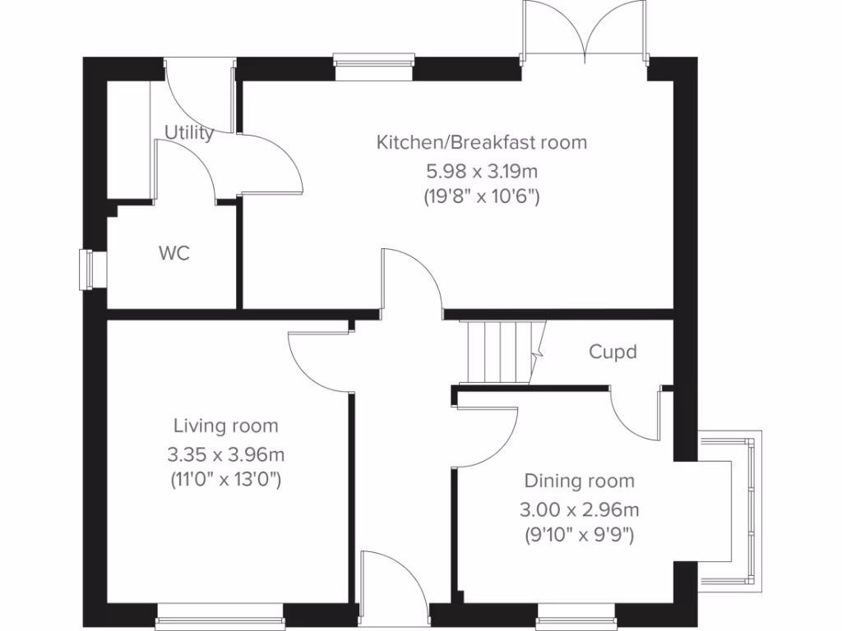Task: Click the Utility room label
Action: [x=189, y=132]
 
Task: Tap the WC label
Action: [x=173, y=253]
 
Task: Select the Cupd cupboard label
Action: [x=613, y=352]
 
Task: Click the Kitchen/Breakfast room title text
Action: [x=482, y=142]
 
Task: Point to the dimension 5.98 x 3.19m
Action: [x=482, y=171]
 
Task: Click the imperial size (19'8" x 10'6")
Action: [x=482, y=197]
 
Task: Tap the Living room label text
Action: [x=225, y=426]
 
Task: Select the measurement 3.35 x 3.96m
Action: [x=225, y=454]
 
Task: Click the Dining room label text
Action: [x=580, y=481]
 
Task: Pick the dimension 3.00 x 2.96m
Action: [x=580, y=509]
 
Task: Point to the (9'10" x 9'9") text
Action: [x=580, y=536]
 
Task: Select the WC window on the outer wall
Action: [x=86, y=269]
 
